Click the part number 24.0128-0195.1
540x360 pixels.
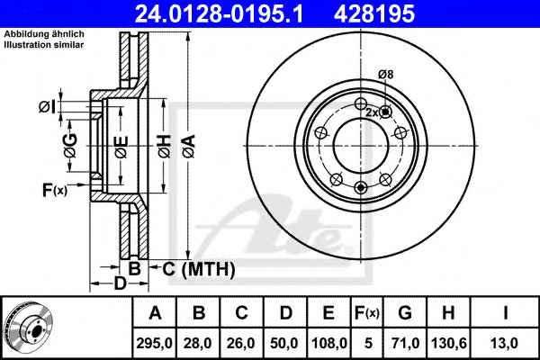coord(219,13)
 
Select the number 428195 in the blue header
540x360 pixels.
coord(374,13)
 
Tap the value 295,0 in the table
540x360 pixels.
coord(154,343)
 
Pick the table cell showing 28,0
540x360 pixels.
coord(198,343)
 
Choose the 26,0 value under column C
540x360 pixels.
coord(241,343)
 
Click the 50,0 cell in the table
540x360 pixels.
coord(284,343)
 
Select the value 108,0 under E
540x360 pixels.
coord(328,343)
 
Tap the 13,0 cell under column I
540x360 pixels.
coord(505,343)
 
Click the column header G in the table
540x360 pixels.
coord(405,313)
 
